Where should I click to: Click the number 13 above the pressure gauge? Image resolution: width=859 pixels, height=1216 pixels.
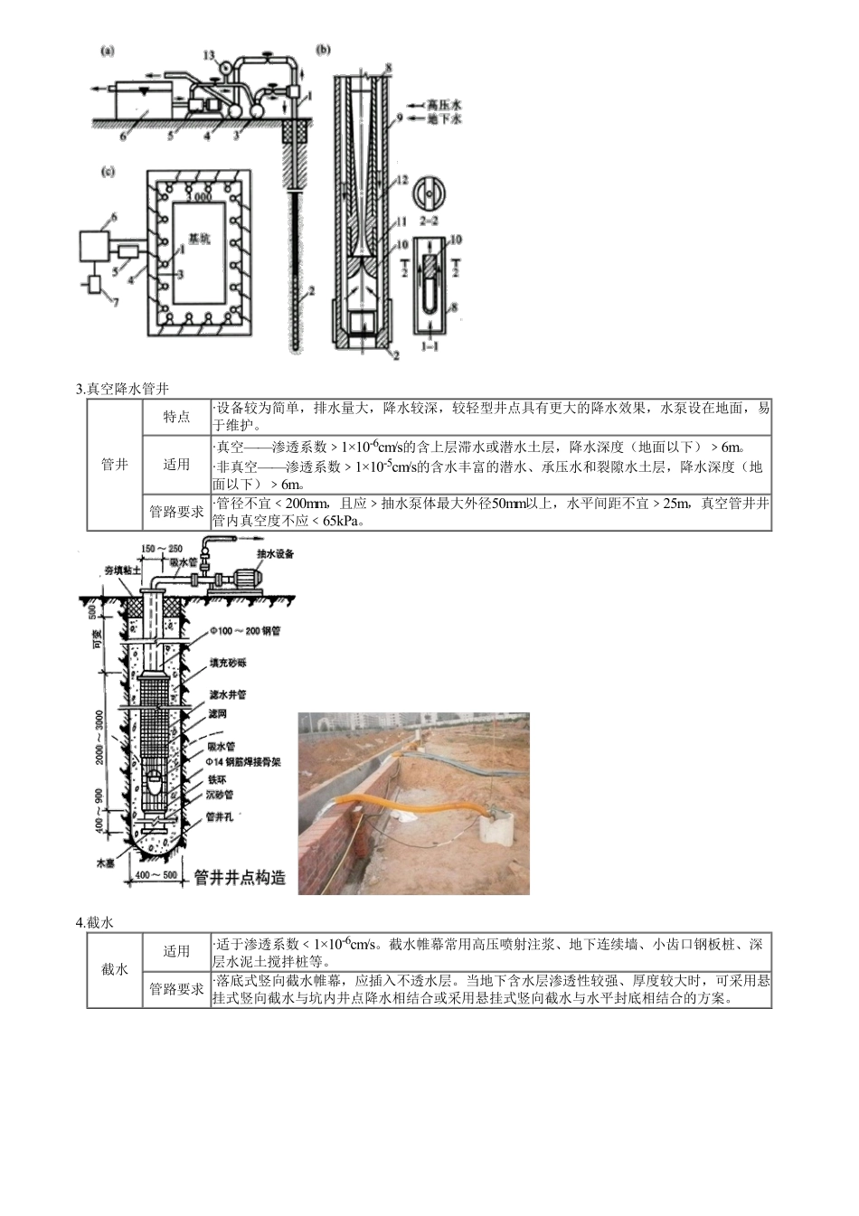210,55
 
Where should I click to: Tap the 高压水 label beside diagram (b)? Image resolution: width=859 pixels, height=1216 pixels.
445,105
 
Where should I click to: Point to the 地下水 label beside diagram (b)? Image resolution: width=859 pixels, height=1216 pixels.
445,118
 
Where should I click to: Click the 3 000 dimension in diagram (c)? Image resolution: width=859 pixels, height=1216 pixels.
198,197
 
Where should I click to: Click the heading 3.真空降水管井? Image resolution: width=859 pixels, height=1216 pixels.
122,390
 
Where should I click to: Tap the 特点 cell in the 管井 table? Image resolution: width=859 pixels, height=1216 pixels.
176,417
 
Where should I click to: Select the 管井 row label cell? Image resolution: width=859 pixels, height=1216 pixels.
115,465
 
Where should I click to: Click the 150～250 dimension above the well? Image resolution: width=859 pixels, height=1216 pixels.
162,548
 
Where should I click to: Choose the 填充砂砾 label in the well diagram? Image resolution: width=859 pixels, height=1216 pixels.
228,663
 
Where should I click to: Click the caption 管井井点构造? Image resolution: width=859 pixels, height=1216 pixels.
241,877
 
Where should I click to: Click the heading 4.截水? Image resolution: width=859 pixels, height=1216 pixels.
95,922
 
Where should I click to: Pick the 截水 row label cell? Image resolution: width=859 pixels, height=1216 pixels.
115,969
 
